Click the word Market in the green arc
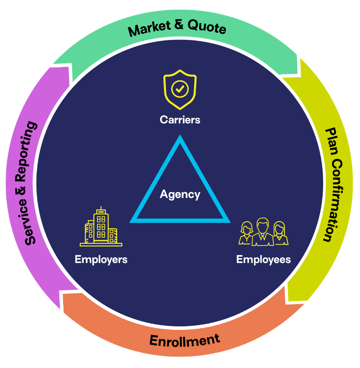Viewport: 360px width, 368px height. [148, 30]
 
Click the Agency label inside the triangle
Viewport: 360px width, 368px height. [180, 194]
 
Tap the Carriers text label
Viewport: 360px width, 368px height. [180, 120]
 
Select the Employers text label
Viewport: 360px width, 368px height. [101, 259]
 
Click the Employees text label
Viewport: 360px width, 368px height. [263, 259]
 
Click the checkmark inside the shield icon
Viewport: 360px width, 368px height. [180, 89]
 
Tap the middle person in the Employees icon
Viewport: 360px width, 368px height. [262, 232]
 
